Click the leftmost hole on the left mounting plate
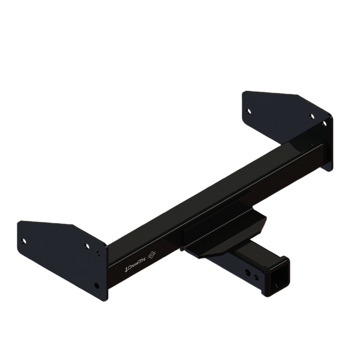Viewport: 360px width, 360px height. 24,241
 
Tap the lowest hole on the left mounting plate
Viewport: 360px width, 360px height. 97,286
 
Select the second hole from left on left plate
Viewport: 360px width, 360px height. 88,245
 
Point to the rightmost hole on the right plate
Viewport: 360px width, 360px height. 325,124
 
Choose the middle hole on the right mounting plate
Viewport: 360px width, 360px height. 311,116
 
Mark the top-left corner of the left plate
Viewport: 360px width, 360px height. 19,223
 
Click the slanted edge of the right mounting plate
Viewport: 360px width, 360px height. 315,104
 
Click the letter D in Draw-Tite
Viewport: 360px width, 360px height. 128,269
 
